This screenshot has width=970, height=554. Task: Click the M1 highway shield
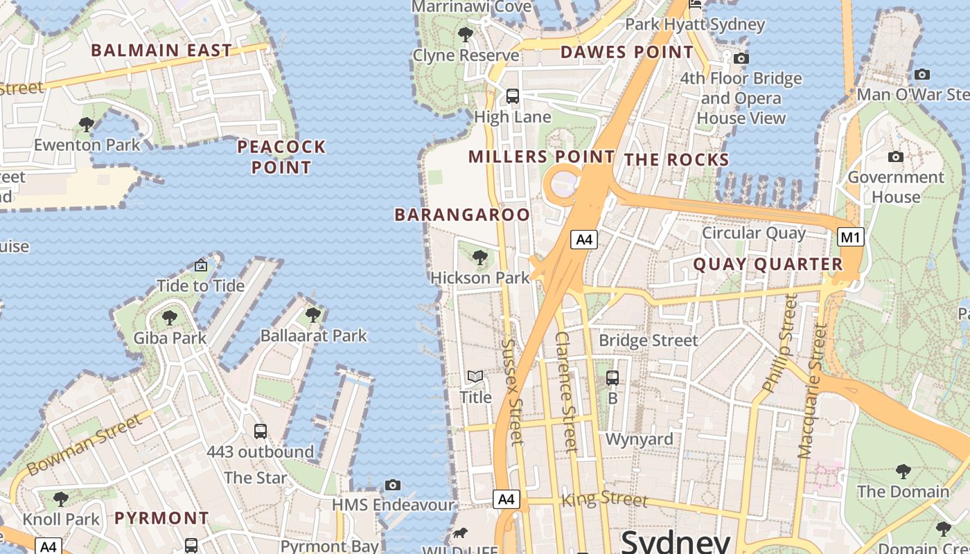point(851,238)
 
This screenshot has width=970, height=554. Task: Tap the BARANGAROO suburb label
point(462,215)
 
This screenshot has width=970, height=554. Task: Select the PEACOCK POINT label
point(281,157)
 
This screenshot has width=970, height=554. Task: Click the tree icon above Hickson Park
point(479,258)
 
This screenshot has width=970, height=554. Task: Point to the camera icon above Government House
point(896,157)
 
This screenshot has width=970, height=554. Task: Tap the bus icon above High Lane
point(513,96)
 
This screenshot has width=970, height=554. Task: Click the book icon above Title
point(475,377)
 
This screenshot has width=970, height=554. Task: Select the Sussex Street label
point(512,391)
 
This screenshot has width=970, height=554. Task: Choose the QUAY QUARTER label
point(768,264)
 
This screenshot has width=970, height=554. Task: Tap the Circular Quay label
point(754,233)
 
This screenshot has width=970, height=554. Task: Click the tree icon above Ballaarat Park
point(313,315)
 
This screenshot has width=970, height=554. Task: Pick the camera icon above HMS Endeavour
point(393,485)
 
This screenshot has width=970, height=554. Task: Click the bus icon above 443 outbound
point(261,431)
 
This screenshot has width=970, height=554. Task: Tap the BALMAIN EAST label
point(161,51)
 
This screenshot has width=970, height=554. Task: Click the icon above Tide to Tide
point(201,265)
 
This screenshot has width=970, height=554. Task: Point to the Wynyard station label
point(639,439)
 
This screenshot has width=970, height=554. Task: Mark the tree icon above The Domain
point(903,472)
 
